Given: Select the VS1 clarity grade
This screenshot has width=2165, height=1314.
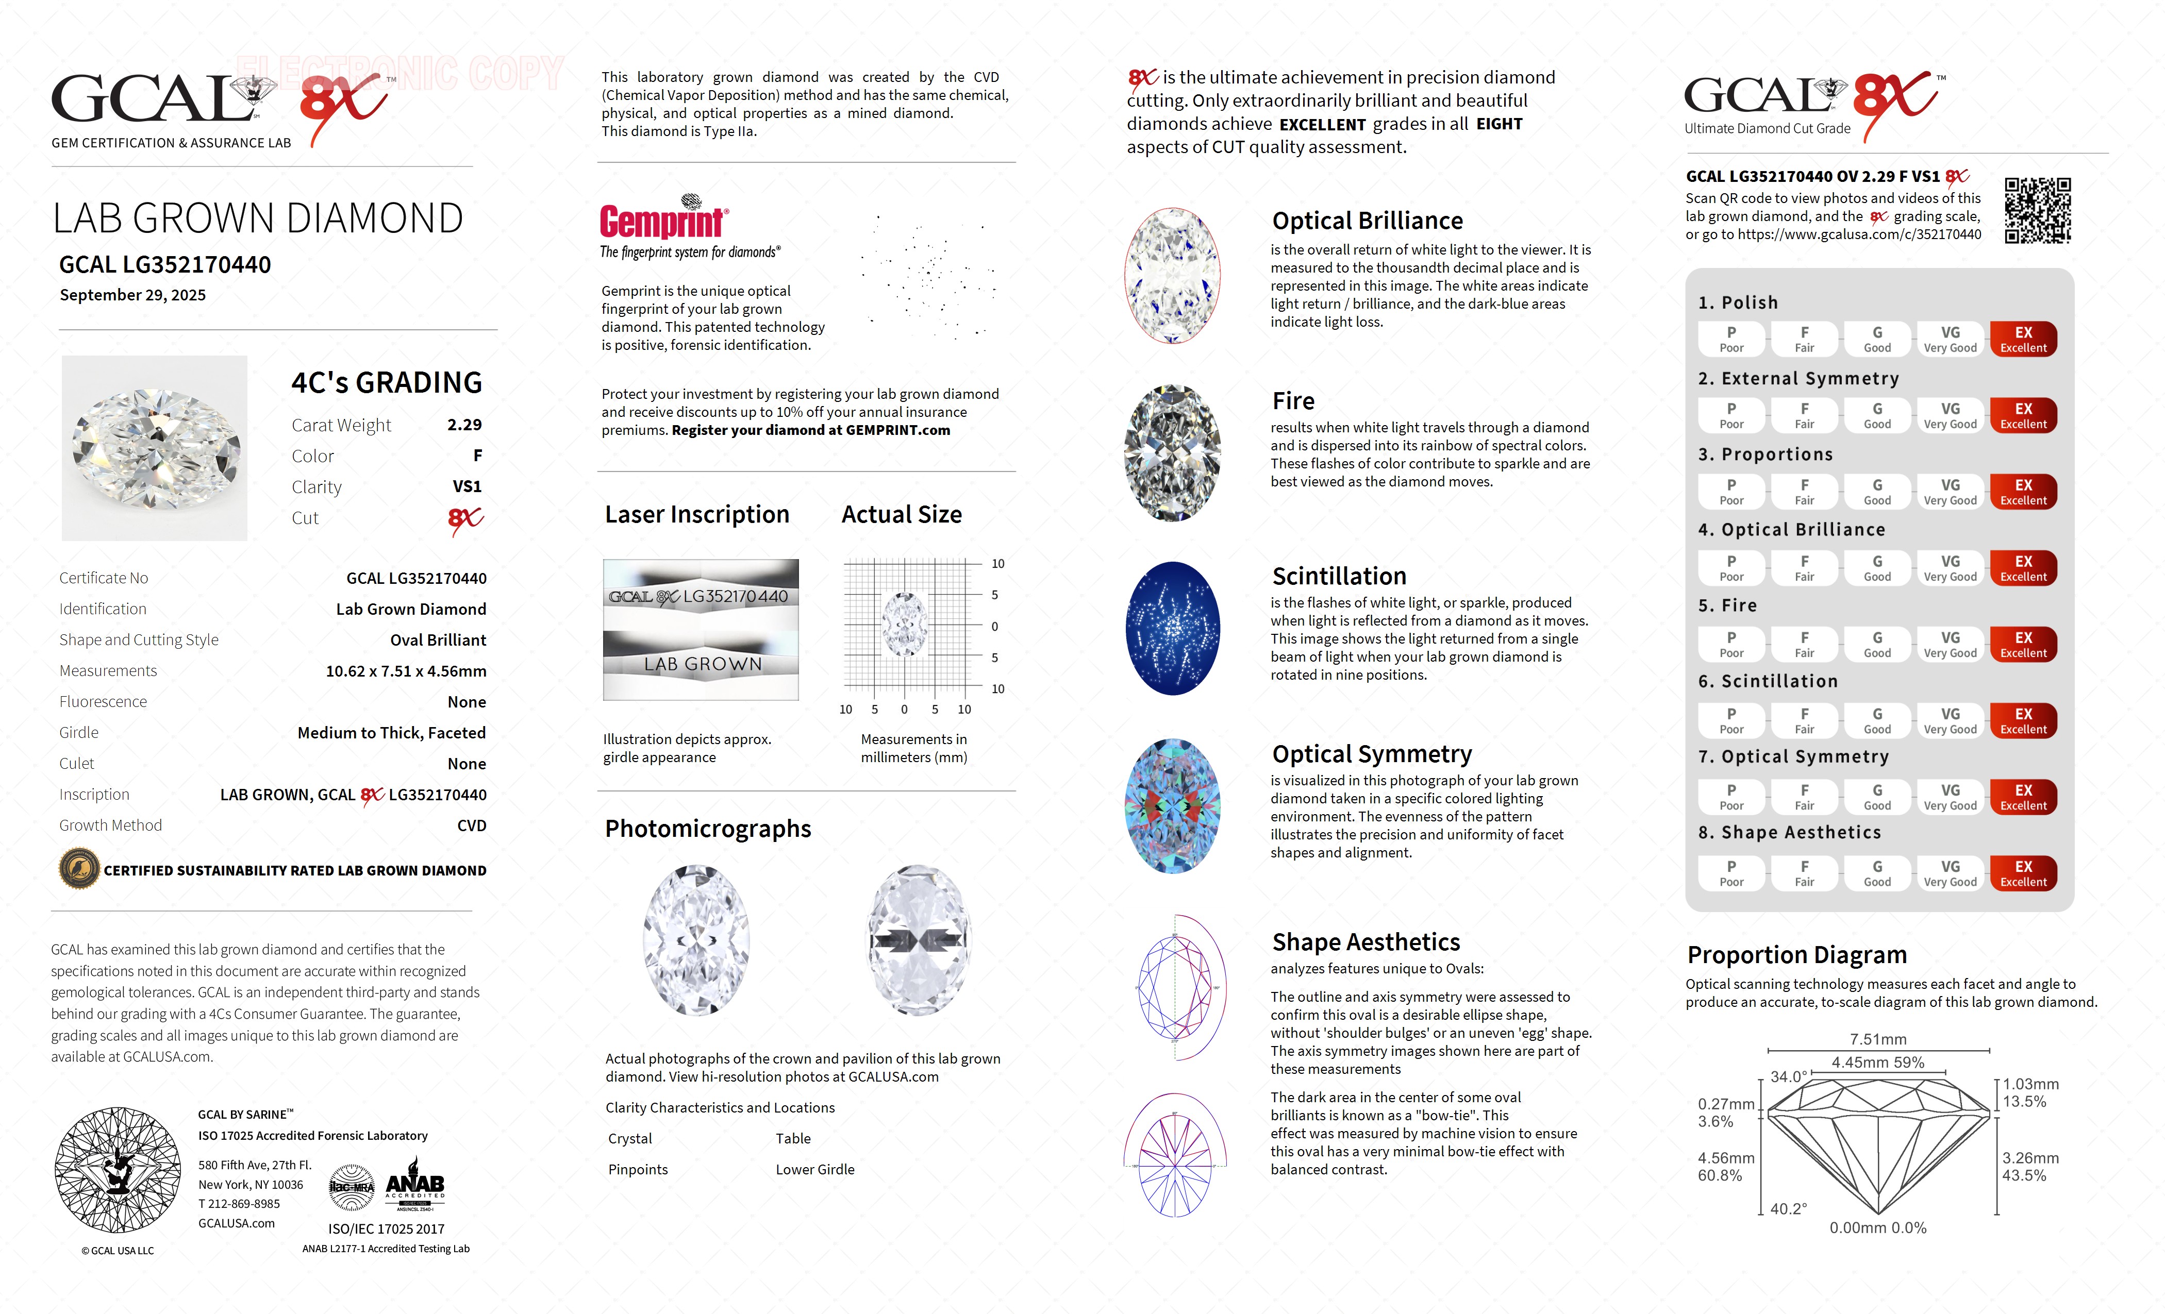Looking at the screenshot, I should (x=467, y=486).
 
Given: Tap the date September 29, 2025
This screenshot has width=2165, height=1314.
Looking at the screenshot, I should (x=132, y=295).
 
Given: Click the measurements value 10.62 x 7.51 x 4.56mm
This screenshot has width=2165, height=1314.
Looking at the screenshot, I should (x=406, y=671).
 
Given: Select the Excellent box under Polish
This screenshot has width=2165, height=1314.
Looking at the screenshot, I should (x=2023, y=339).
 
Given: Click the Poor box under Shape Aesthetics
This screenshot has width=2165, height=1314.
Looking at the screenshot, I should (x=1731, y=873).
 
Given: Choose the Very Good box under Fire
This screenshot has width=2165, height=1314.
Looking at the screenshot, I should (x=1950, y=644).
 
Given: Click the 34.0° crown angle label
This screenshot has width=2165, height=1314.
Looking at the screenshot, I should (x=1788, y=1077).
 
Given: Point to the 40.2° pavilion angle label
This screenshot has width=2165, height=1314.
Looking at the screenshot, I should (x=1788, y=1208).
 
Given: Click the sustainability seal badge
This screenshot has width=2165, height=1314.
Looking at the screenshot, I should (x=79, y=870).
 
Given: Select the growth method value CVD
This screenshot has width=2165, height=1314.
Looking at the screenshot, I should (x=472, y=826).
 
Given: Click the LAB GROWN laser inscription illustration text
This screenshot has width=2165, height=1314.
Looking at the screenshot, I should (x=702, y=665).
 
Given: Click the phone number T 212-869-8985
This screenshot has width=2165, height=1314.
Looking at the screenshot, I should (x=239, y=1204).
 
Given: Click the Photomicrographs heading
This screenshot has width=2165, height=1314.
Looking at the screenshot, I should (x=707, y=829).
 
